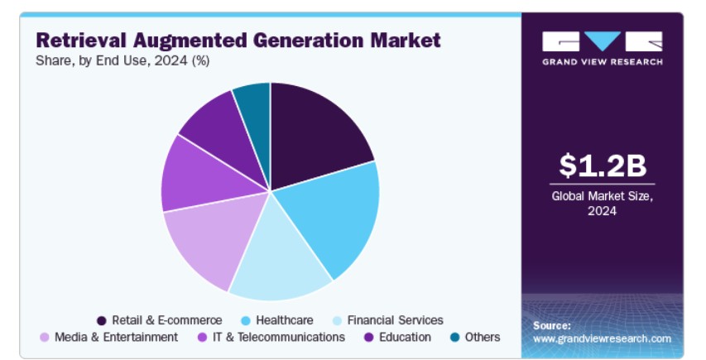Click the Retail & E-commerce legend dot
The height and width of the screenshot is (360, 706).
(x=102, y=321)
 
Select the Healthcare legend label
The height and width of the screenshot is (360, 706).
(x=285, y=320)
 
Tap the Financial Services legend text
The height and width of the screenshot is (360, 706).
(x=396, y=320)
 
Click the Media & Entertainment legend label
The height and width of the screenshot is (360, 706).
(x=116, y=337)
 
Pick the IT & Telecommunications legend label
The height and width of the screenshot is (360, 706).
(x=279, y=337)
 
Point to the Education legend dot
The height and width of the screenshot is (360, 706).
(x=369, y=338)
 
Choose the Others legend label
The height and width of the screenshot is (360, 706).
(x=483, y=337)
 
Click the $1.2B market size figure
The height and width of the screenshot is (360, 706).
(x=603, y=166)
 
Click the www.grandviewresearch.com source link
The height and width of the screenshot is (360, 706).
(x=602, y=338)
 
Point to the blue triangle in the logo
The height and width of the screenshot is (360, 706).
(x=603, y=40)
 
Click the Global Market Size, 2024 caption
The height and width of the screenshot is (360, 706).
(x=602, y=204)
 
